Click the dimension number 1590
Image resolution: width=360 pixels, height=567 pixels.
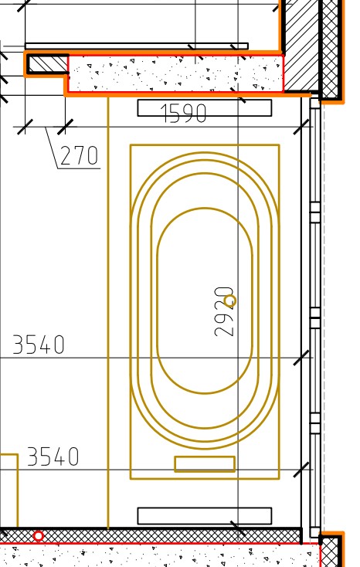[184, 113]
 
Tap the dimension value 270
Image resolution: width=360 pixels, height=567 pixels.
[79, 155]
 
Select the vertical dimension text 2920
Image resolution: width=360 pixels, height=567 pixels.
[224, 312]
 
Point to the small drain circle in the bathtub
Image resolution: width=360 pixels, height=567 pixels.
[230, 300]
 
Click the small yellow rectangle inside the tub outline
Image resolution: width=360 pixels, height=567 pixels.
[205, 464]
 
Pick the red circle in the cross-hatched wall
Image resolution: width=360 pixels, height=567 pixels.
[39, 535]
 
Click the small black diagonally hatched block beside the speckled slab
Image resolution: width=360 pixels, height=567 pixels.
[48, 64]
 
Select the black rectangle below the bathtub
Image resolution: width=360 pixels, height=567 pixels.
[205, 516]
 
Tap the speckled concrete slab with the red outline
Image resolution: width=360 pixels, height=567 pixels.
[175, 74]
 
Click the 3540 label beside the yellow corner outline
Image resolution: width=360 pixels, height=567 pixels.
[53, 457]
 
